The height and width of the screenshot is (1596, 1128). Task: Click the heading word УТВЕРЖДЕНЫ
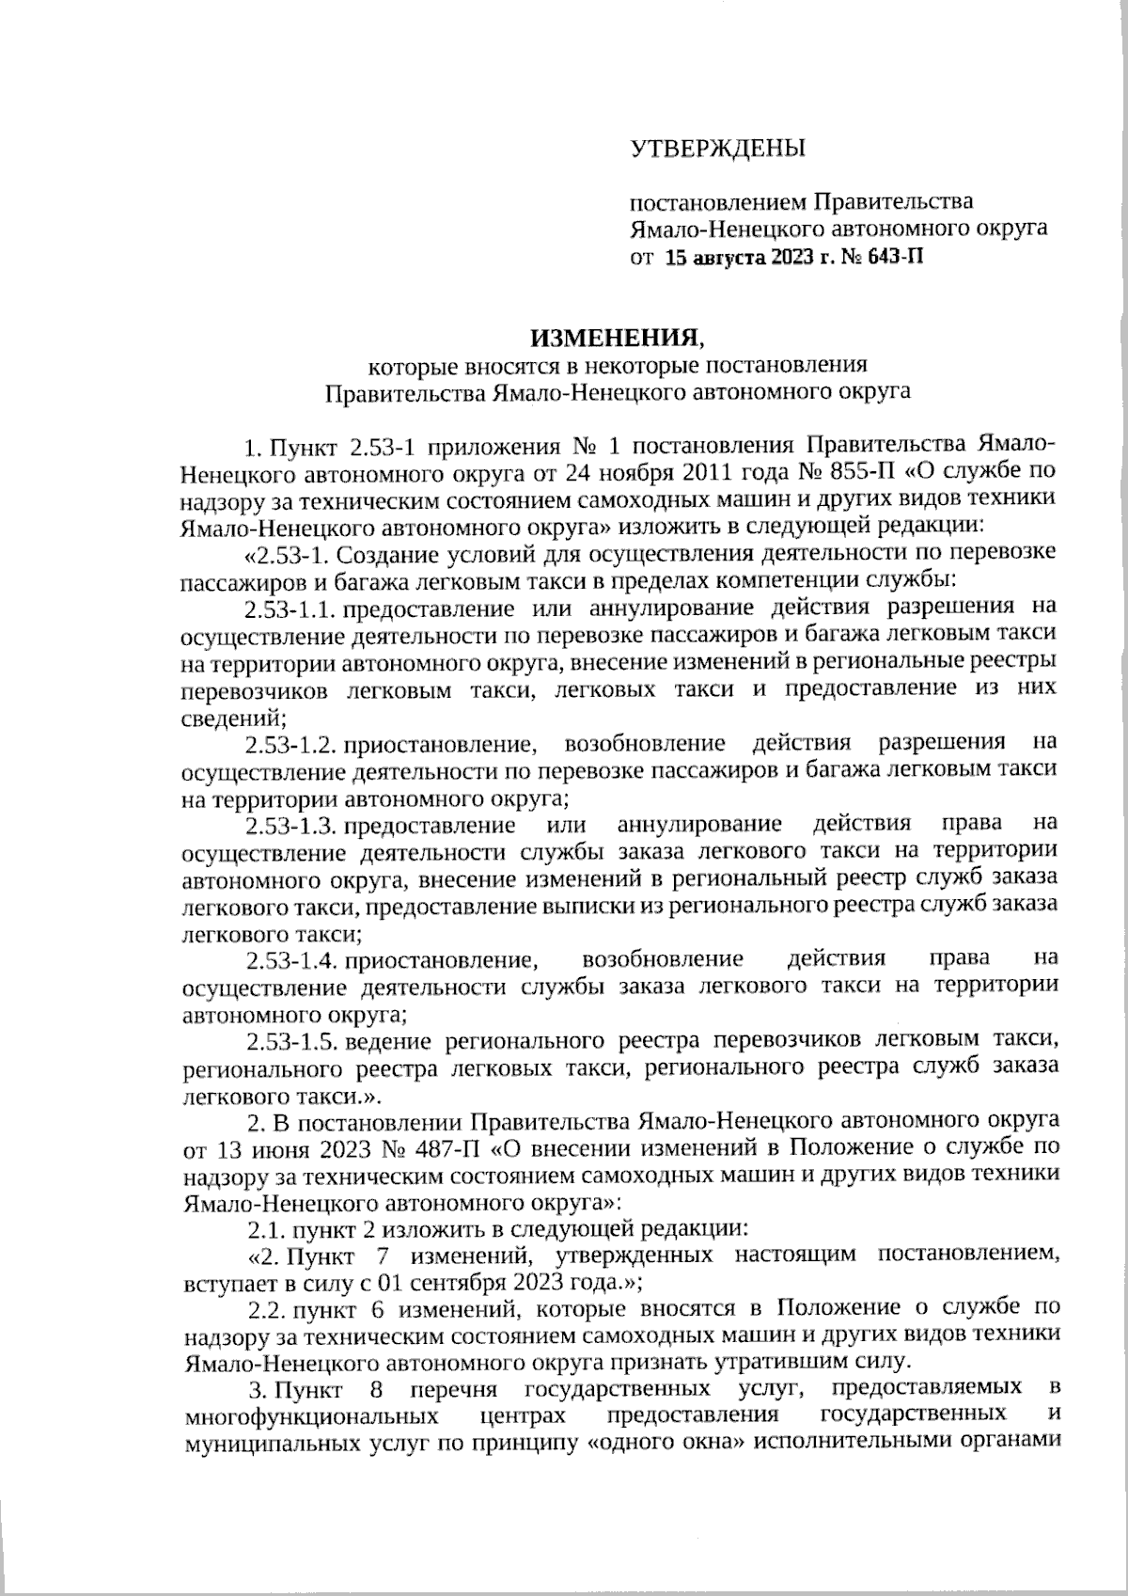coord(717,149)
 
